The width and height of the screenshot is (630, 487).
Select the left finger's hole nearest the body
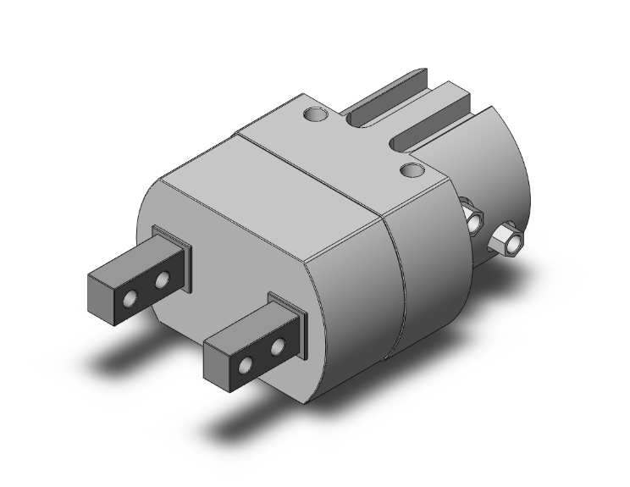pos(160,280)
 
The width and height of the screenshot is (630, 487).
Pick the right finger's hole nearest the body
pos(277,347)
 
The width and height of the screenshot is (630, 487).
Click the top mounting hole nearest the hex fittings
pos(412,171)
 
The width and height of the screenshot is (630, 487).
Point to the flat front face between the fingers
pos(229,279)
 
